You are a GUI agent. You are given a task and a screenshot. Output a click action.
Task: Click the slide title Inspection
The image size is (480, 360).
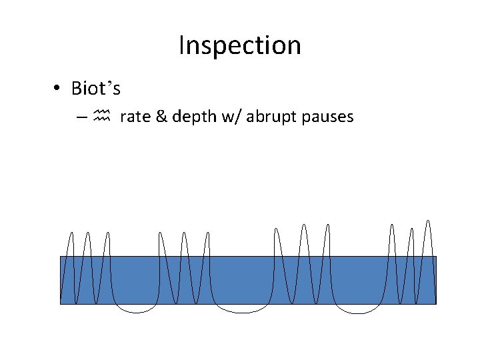tap(240, 46)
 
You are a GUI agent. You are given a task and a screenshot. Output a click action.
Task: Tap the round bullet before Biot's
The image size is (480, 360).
tap(59, 89)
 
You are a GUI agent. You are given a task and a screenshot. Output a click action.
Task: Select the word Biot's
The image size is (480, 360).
tap(95, 88)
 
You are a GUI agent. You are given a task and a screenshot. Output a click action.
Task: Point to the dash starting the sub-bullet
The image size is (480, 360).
tap(81, 118)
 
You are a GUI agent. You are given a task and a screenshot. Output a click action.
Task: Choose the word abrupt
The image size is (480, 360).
tap(269, 118)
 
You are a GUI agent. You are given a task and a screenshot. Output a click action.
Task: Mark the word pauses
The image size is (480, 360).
tap(327, 118)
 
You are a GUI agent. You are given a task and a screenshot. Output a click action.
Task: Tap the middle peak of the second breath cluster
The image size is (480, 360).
tap(185, 233)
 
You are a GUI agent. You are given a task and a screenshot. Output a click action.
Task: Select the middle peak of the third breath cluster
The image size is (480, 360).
tap(304, 225)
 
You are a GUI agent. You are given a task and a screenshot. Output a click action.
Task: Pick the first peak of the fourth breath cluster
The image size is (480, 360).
tap(392, 225)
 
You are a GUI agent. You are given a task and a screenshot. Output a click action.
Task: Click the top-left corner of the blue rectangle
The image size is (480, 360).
tap(61, 257)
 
